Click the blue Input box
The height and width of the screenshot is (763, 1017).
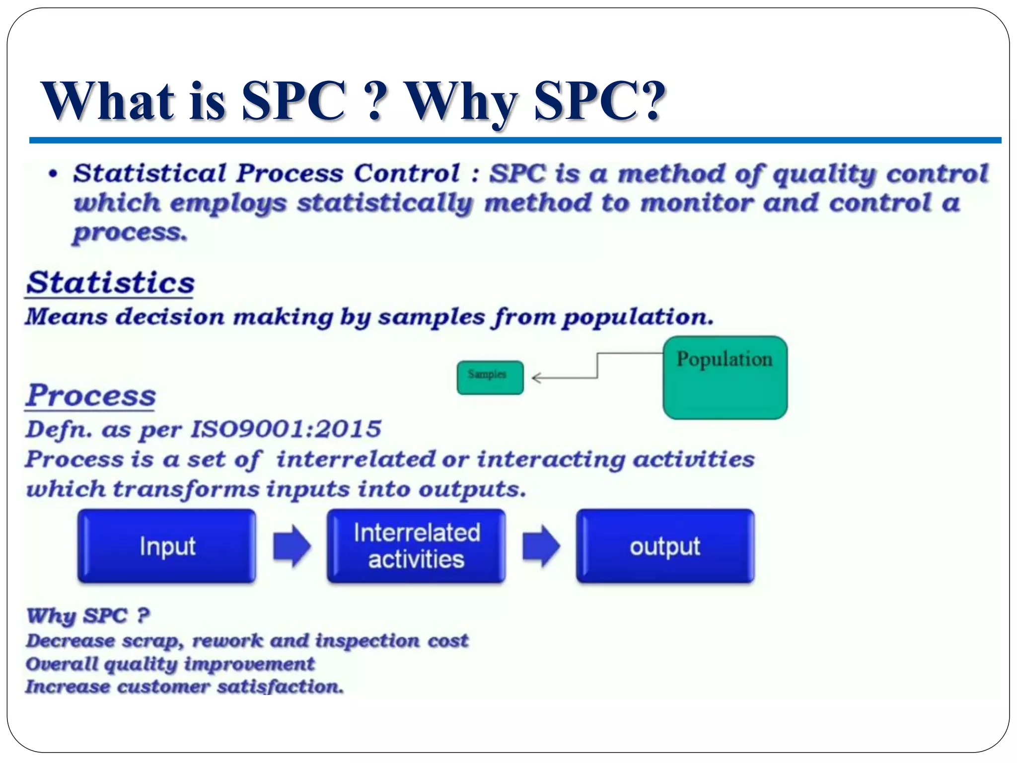[167, 546]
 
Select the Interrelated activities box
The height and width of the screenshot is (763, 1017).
[416, 546]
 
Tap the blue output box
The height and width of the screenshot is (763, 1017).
[665, 546]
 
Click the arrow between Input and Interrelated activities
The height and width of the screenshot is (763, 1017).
[292, 546]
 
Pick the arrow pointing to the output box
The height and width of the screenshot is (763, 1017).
[541, 546]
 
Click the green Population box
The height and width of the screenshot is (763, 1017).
[725, 378]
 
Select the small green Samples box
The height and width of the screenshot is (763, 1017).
[490, 378]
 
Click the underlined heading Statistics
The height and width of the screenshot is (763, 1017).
[110, 283]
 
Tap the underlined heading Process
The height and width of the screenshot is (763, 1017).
[91, 395]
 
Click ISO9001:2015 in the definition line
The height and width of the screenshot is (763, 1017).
[286, 429]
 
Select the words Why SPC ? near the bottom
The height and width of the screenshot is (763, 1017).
[88, 616]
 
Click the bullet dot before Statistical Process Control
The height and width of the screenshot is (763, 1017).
[53, 174]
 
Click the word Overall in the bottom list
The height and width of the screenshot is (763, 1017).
[62, 664]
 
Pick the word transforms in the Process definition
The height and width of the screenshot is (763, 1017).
[186, 489]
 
